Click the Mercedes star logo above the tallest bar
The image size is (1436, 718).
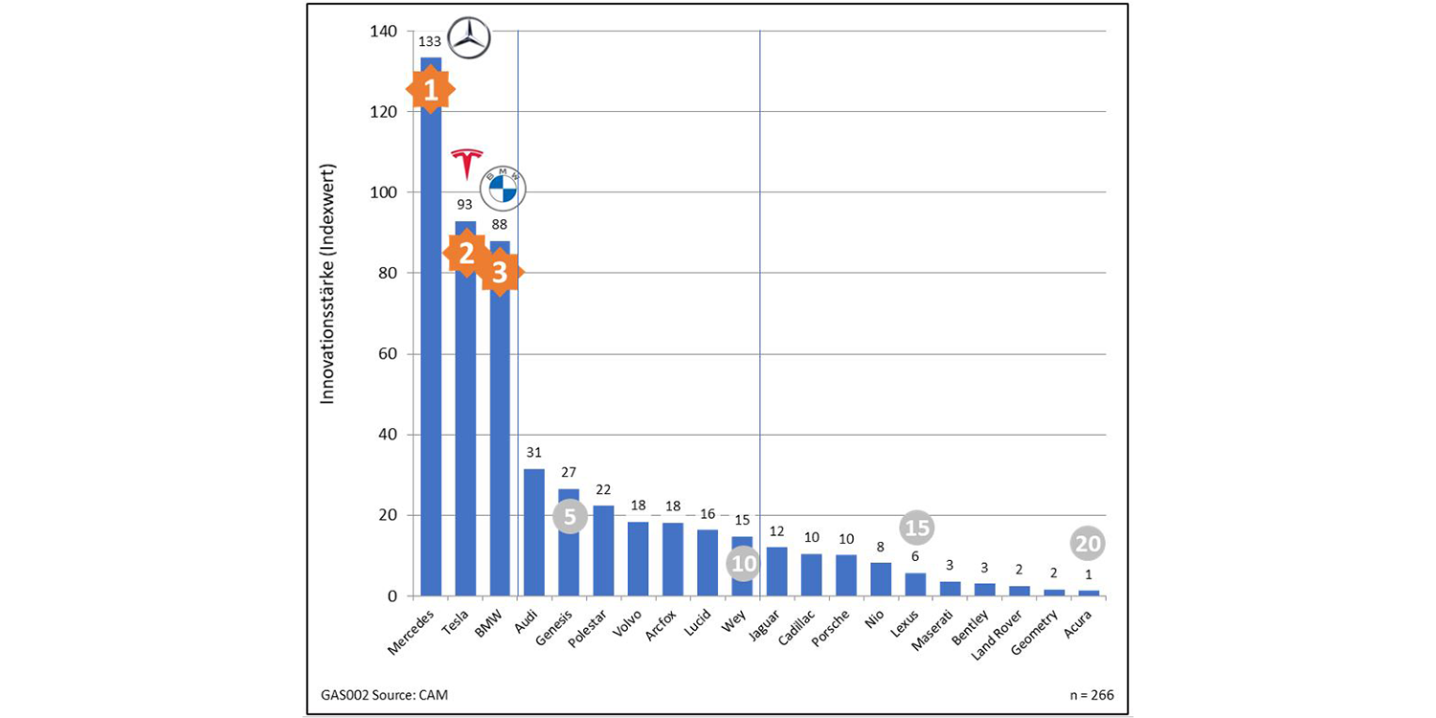tap(469, 39)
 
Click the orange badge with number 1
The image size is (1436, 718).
tap(431, 90)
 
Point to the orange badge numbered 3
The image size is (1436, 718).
tap(500, 273)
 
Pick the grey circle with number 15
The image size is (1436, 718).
tap(917, 527)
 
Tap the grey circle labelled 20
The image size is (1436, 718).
tap(1088, 544)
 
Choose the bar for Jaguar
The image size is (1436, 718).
tap(776, 572)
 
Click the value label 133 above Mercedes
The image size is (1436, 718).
tap(429, 41)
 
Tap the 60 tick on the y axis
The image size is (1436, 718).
tap(386, 354)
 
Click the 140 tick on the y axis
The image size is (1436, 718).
tap(383, 32)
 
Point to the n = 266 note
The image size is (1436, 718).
tap(1091, 694)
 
